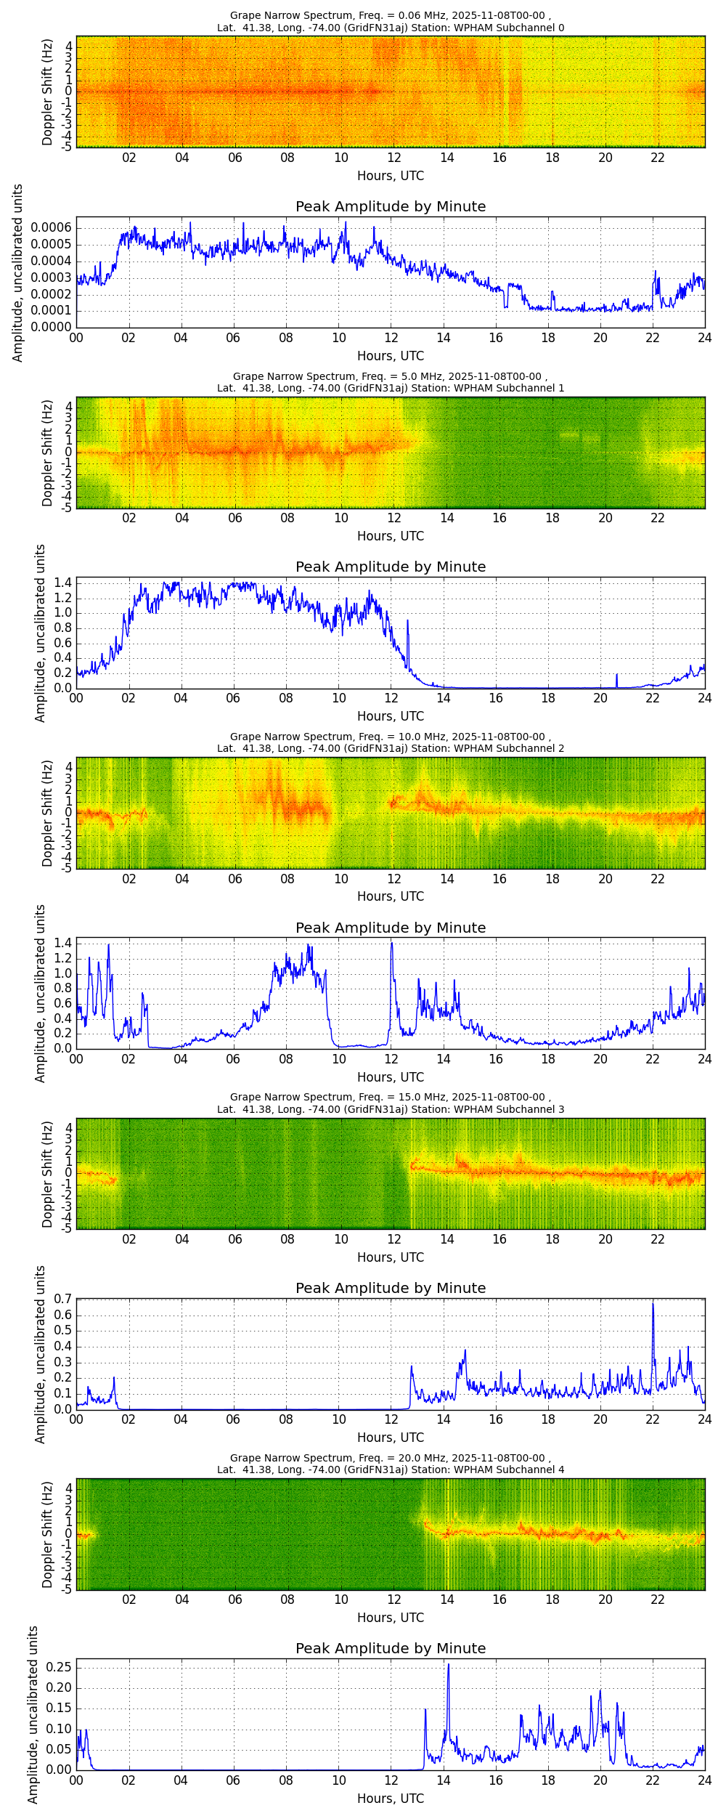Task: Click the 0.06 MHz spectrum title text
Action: (x=391, y=16)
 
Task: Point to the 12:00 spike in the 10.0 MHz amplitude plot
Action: (x=392, y=944)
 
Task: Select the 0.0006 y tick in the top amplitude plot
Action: (x=51, y=228)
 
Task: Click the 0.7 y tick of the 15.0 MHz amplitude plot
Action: (x=63, y=1299)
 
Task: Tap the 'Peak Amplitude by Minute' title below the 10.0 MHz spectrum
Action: (x=391, y=928)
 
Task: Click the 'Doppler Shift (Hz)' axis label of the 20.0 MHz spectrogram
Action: (x=47, y=1534)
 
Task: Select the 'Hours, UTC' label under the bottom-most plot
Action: (x=391, y=1798)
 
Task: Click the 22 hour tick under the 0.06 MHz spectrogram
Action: (x=658, y=158)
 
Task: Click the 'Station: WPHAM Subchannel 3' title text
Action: (x=488, y=1109)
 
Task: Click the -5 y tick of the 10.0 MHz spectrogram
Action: (x=67, y=868)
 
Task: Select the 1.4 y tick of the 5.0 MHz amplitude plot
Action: (x=63, y=583)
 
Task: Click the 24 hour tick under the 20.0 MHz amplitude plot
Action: (x=704, y=1780)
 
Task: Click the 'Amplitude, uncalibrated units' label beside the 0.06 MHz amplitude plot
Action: (x=18, y=272)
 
